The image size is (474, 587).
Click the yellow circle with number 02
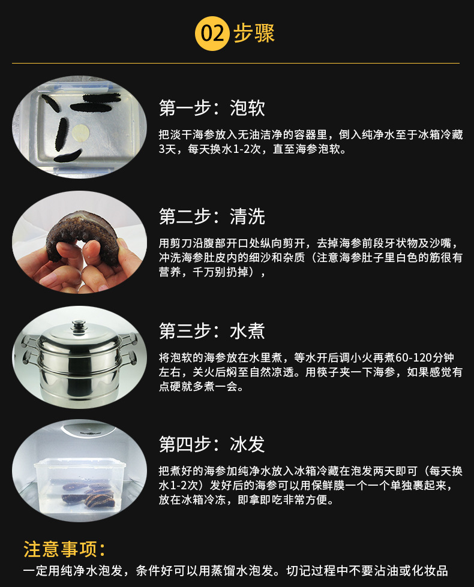pyautogui.click(x=212, y=34)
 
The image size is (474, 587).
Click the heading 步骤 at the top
pyautogui.click(x=254, y=34)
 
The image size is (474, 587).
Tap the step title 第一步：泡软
pyautogui.click(x=212, y=108)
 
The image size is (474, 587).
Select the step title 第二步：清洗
pyautogui.click(x=212, y=216)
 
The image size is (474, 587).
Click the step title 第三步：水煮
pyautogui.click(x=212, y=330)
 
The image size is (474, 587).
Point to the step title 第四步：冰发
pyautogui.click(x=212, y=444)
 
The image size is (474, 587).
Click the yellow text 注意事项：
pyautogui.click(x=64, y=549)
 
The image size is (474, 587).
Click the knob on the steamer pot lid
pyautogui.click(x=79, y=327)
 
